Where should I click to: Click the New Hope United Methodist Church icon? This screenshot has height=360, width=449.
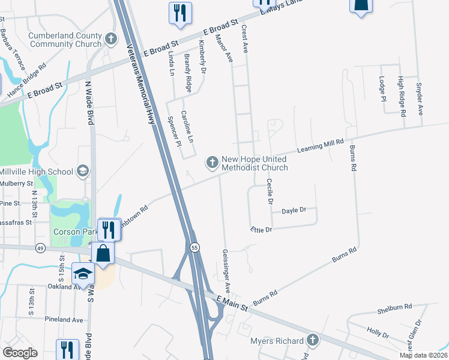212,162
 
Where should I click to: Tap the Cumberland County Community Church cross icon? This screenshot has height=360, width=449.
110,40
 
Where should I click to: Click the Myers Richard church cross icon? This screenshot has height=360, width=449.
312,341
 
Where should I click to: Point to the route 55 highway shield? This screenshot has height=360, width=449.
195,247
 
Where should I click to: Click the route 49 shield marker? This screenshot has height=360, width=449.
40,247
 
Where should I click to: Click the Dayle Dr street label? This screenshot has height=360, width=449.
294,210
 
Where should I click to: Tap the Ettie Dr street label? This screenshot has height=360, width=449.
261,229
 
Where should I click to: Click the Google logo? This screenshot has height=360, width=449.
20,353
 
